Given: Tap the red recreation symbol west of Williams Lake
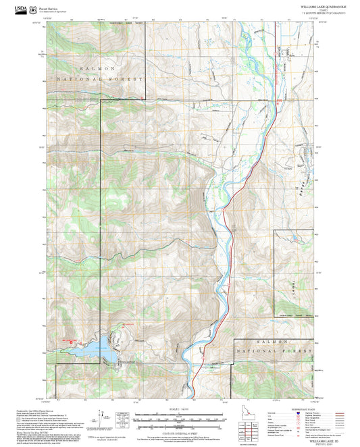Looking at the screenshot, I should [70, 342].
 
